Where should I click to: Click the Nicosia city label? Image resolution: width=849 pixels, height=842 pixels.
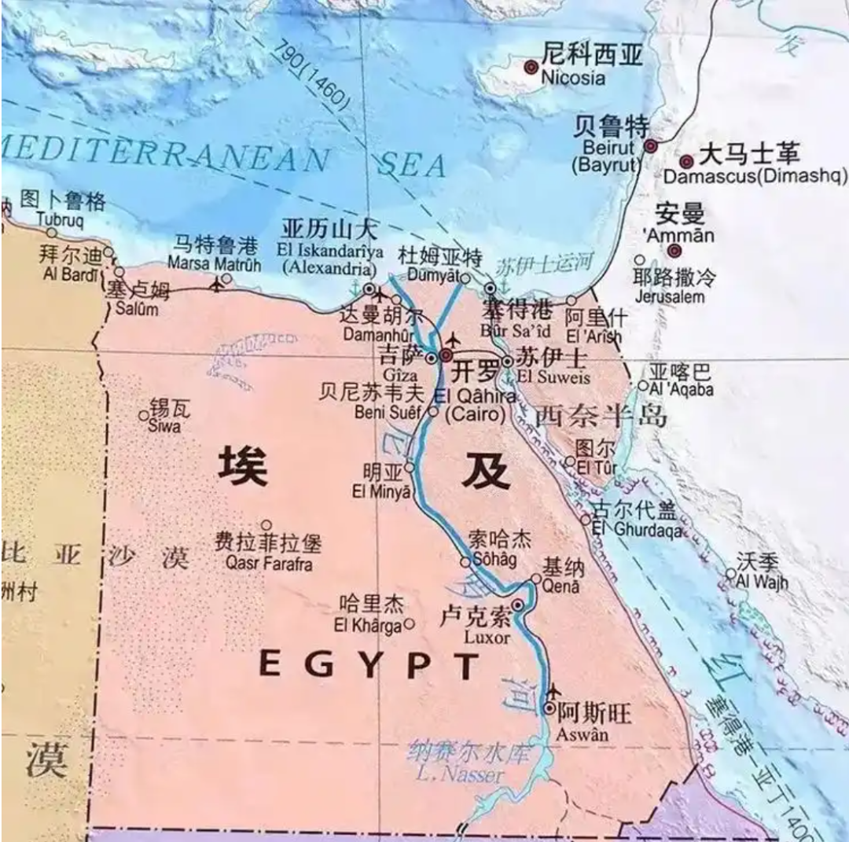pos(574,78)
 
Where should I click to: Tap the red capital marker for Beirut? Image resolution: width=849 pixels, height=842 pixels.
pos(651,146)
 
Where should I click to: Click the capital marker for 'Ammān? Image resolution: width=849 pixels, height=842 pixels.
pos(674,251)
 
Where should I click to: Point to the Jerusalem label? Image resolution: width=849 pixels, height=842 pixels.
pos(669,297)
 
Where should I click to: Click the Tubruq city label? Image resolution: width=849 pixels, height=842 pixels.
pos(60,219)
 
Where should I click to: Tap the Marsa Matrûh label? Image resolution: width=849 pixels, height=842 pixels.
pos(215,263)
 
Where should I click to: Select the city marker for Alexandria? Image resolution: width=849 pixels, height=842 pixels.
pos(370,289)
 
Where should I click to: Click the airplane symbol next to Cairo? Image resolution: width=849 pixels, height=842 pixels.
pos(453,340)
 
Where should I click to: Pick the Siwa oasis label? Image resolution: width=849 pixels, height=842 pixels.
pos(164,426)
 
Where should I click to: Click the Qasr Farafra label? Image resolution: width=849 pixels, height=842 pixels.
pos(268,564)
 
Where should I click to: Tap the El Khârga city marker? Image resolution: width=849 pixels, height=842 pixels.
pos(409,625)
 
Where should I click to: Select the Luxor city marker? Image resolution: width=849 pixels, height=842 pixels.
pos(518,605)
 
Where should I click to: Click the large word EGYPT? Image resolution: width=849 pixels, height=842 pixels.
pos(369,666)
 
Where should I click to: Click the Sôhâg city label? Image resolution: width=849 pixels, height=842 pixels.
pos(494,561)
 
